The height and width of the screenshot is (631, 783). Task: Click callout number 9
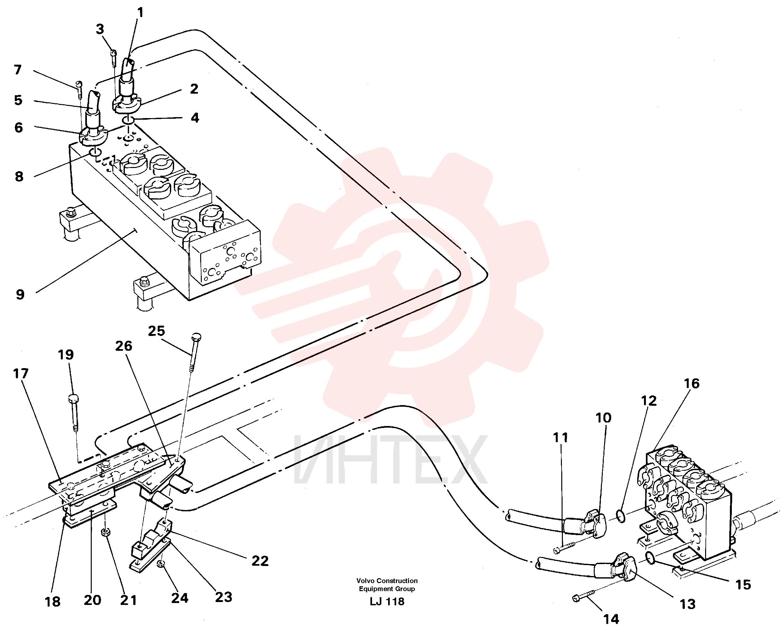pyautogui.click(x=20, y=294)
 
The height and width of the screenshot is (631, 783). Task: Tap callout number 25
pyautogui.click(x=156, y=331)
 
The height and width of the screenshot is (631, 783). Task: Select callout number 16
pyautogui.click(x=692, y=383)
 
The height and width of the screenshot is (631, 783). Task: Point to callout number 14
pyautogui.click(x=611, y=619)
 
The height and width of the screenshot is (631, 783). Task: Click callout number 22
pyautogui.click(x=260, y=561)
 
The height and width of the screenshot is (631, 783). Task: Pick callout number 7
pyautogui.click(x=18, y=70)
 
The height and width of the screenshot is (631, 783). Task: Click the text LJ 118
pyautogui.click(x=387, y=602)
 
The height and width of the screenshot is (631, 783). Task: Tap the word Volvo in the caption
pyautogui.click(x=367, y=581)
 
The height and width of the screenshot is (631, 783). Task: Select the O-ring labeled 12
pyautogui.click(x=621, y=516)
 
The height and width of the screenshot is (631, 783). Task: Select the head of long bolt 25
pyautogui.click(x=196, y=337)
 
